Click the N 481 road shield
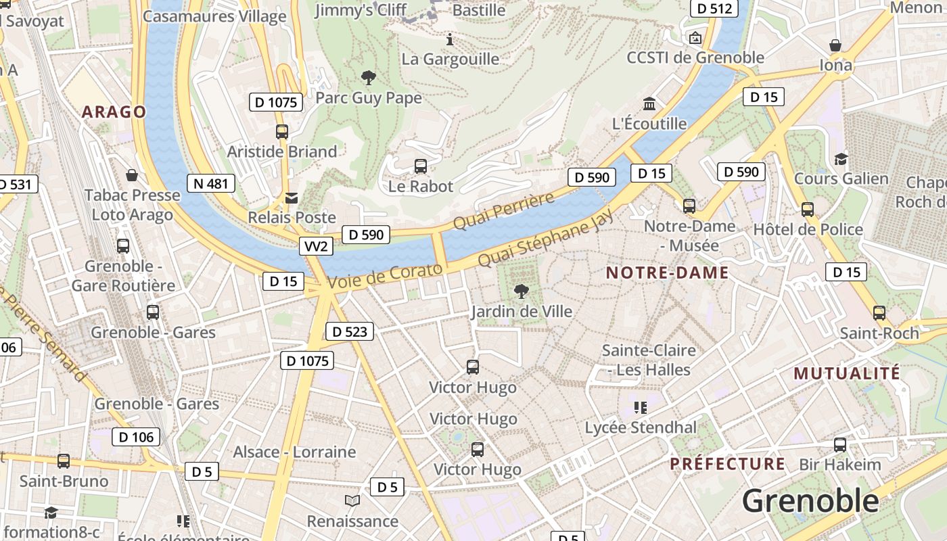coord(211,183)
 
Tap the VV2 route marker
coord(316,246)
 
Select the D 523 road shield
coord(350,331)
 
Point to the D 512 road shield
coord(714,9)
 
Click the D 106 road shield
coord(136,437)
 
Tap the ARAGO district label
coord(114,112)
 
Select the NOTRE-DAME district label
coord(667,273)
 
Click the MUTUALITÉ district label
coord(847,373)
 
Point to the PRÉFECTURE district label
coord(727,464)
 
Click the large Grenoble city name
coord(810,501)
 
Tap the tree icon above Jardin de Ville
coord(521,291)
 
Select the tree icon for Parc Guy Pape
coord(369,78)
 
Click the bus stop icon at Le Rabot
coord(420,166)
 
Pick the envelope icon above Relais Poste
coord(292,198)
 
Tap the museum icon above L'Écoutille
coord(649,104)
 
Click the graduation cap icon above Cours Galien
coord(841,159)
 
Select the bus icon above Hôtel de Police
coord(807,209)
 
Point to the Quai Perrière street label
coord(503,210)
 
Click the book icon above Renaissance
coord(352,501)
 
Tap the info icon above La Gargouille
coord(450,39)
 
